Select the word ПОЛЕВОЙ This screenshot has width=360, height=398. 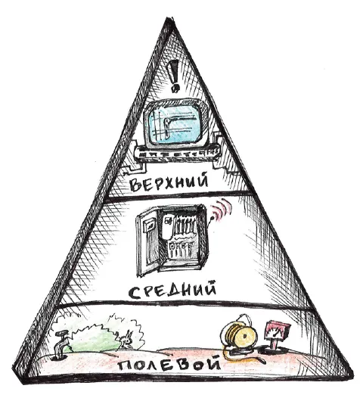[169, 365]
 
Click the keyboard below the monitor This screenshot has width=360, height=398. [176, 153]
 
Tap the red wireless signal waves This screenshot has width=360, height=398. [222, 209]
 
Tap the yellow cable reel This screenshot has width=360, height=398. [239, 335]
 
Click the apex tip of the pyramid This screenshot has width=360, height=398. [168, 18]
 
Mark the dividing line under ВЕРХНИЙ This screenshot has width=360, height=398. [179, 196]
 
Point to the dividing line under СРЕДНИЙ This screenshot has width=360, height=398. [185, 304]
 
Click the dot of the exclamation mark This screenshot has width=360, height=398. [175, 89]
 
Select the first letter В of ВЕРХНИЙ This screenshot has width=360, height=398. [135, 185]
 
